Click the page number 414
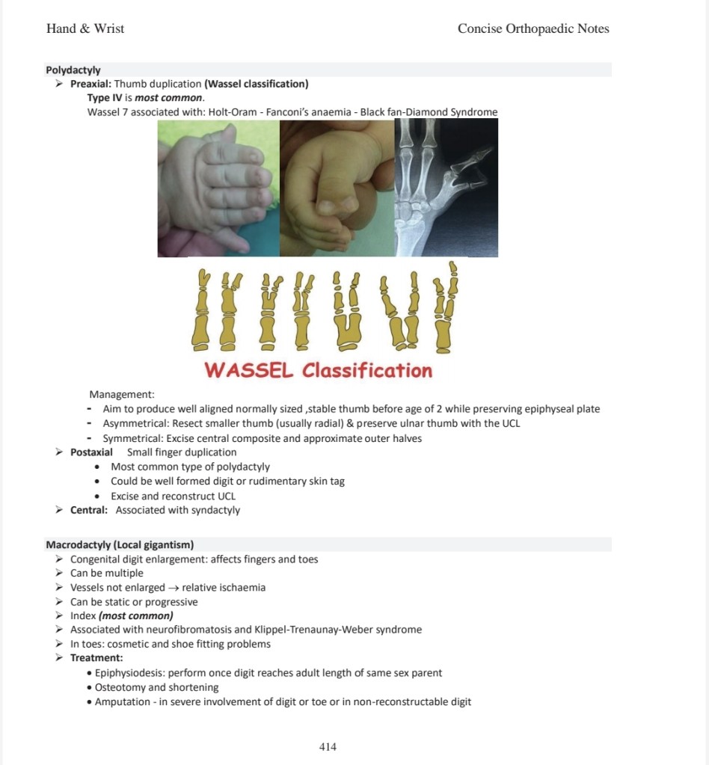[328, 746]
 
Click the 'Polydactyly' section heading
[73, 70]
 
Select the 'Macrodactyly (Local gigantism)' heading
[120, 544]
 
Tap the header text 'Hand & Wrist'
[85, 29]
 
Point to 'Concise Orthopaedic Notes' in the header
[533, 29]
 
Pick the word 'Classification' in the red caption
[367, 371]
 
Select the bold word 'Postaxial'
[91, 452]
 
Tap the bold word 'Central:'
[89, 511]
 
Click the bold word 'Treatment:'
[96, 658]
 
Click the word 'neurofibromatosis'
[183, 630]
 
